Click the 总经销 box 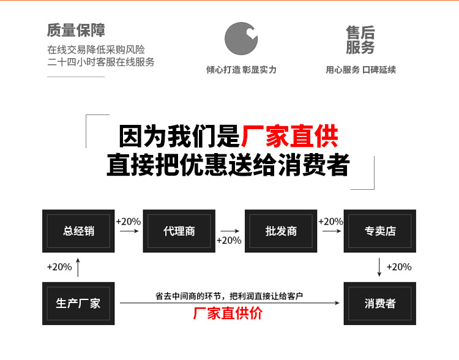click(x=79, y=231)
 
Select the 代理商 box click(x=179, y=231)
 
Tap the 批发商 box click(x=281, y=231)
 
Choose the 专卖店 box click(x=380, y=231)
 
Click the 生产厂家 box click(x=78, y=303)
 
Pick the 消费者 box click(x=380, y=303)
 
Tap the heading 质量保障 click(x=76, y=30)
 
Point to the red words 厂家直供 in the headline click(x=289, y=136)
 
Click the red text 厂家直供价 click(x=228, y=313)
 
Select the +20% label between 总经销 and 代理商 click(x=129, y=221)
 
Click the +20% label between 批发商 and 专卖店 click(x=331, y=221)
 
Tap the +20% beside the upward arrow click(x=59, y=267)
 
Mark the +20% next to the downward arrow click(x=399, y=267)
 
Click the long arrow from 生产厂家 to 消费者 click(x=229, y=303)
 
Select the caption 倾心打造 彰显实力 click(x=241, y=70)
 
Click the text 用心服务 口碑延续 click(x=360, y=70)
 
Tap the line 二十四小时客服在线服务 click(x=101, y=62)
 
